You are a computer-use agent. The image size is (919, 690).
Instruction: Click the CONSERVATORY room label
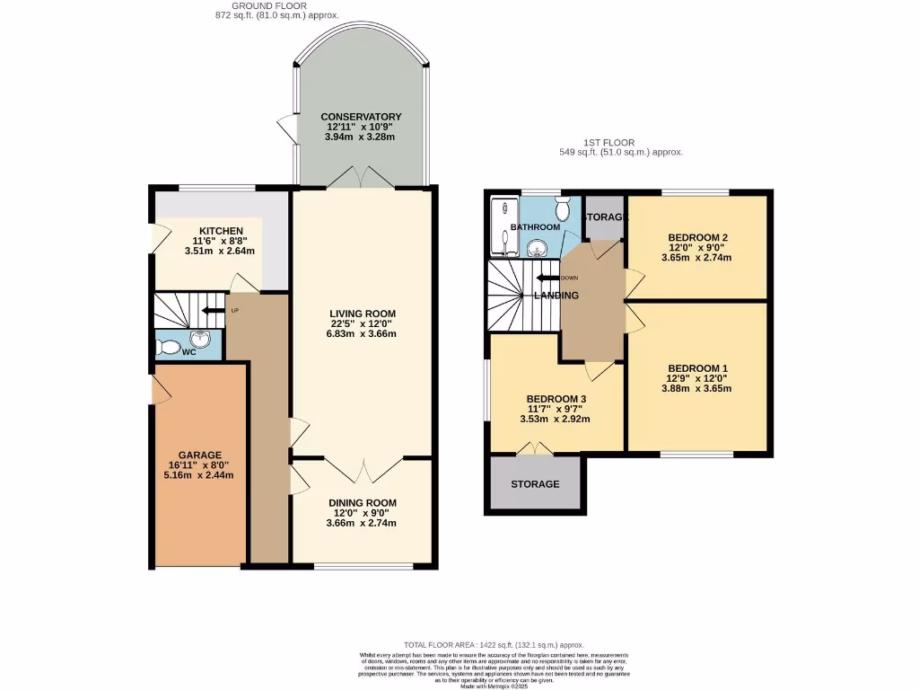point(361,117)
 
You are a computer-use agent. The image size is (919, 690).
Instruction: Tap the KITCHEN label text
point(221,231)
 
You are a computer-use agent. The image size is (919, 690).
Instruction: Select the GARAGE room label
point(199,455)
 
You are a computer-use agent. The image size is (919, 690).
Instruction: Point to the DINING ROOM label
point(362,503)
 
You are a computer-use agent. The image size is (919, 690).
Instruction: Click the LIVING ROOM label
point(362,314)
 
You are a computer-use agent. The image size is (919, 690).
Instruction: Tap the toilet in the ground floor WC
point(166,346)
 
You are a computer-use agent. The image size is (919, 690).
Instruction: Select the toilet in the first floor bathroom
point(563,210)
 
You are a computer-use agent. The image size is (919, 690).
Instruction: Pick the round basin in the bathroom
point(538,248)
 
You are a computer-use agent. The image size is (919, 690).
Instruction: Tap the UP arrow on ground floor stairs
point(212,311)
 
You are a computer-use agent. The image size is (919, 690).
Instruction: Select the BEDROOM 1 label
point(697,368)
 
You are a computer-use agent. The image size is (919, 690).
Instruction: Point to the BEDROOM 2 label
point(697,237)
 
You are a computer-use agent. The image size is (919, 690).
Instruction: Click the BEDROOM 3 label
point(556,399)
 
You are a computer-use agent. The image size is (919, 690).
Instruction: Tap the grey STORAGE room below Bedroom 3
point(535,483)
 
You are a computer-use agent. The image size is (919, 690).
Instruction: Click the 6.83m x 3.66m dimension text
point(362,333)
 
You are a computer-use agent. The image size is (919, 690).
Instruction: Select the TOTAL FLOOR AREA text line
point(494,645)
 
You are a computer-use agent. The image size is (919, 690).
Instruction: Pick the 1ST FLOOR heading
point(621,142)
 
